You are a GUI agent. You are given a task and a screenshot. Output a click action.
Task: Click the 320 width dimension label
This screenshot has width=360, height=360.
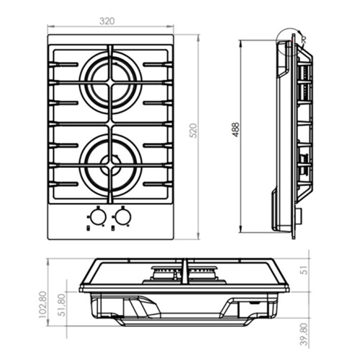point(107,21)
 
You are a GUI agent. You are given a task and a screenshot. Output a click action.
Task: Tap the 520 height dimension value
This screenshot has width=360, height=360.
point(194,130)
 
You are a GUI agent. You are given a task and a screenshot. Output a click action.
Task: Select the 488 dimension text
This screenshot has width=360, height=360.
point(236,130)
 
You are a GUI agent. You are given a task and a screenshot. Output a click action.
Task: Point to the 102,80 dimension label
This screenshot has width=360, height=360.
point(43,305)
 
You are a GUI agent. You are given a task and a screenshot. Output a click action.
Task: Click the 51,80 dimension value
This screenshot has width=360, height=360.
point(62,305)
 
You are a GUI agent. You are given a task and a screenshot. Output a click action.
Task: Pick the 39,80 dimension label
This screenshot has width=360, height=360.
point(303,334)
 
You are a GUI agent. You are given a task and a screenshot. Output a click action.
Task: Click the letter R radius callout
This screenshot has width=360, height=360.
point(304,40)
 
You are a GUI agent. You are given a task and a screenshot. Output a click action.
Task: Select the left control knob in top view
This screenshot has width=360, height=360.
point(98,217)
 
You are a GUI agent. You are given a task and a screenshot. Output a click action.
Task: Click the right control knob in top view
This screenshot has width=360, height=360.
point(123,217)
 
